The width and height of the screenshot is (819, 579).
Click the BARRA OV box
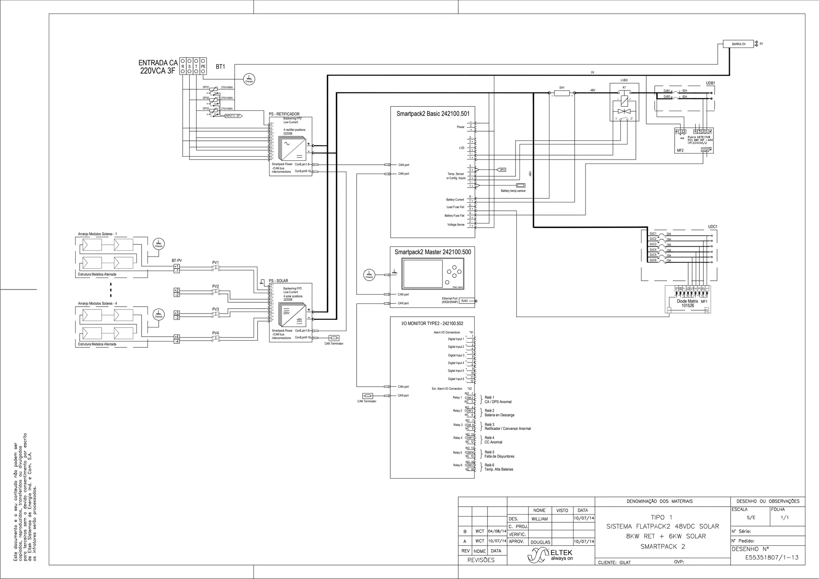[738, 44]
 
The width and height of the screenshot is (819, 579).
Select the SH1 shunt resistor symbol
[562, 93]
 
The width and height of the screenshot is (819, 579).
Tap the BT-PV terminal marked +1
[176, 266]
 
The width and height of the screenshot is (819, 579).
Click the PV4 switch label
[216, 333]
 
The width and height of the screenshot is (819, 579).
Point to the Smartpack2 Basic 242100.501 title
[433, 114]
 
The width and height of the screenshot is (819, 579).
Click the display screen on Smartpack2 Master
[422, 274]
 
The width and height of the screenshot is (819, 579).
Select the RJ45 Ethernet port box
[465, 301]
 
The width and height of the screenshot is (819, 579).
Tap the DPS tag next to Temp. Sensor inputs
[502, 170]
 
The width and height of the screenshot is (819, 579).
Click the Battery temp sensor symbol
[520, 186]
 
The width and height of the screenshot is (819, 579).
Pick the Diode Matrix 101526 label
[687, 303]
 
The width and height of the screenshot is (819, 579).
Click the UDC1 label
[712, 227]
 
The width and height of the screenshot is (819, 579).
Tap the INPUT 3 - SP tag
[233, 116]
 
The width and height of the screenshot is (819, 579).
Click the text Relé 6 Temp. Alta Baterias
[498, 467]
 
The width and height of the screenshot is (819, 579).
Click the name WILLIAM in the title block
[539, 519]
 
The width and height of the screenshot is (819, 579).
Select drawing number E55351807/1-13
[772, 557]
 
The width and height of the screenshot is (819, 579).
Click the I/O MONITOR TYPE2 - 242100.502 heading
[432, 323]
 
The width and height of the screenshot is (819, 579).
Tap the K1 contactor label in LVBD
[624, 87]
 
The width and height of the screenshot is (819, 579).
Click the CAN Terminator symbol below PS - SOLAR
[333, 338]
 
